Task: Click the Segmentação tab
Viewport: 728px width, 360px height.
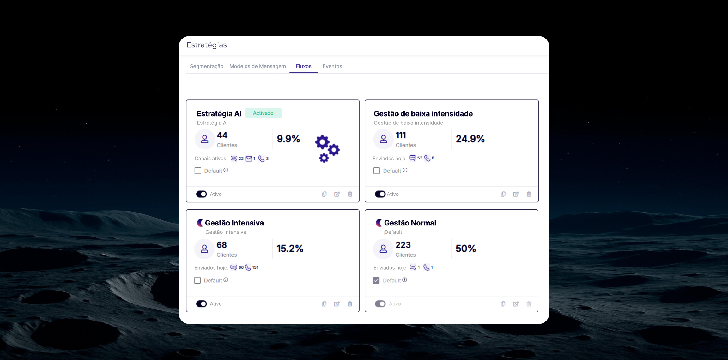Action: click(x=206, y=66)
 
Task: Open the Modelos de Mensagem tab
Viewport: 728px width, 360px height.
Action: click(x=258, y=66)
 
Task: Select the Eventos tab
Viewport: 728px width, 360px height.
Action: click(x=332, y=66)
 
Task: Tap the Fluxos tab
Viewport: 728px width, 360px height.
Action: click(x=303, y=66)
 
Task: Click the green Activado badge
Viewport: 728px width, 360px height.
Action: click(x=263, y=113)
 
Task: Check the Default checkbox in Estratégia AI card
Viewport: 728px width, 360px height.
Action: click(x=198, y=171)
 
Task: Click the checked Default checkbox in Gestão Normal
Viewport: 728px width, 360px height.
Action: click(x=376, y=280)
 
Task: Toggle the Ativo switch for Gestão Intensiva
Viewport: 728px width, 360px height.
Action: click(x=201, y=304)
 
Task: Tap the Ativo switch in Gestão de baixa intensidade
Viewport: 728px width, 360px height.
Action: click(x=380, y=194)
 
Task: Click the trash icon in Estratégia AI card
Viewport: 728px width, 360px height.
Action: click(x=350, y=194)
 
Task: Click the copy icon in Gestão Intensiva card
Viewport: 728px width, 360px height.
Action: click(x=324, y=304)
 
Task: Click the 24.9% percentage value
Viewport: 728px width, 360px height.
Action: click(x=470, y=139)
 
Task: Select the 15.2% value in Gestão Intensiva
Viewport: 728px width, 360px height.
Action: click(x=290, y=249)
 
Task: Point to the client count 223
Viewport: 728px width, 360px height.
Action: click(x=403, y=245)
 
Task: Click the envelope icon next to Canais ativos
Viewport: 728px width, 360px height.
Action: click(x=249, y=159)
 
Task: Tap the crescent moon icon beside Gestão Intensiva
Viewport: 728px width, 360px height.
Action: click(x=200, y=223)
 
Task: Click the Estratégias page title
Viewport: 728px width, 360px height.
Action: click(x=207, y=45)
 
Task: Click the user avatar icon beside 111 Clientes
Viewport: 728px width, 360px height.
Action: click(x=383, y=139)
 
